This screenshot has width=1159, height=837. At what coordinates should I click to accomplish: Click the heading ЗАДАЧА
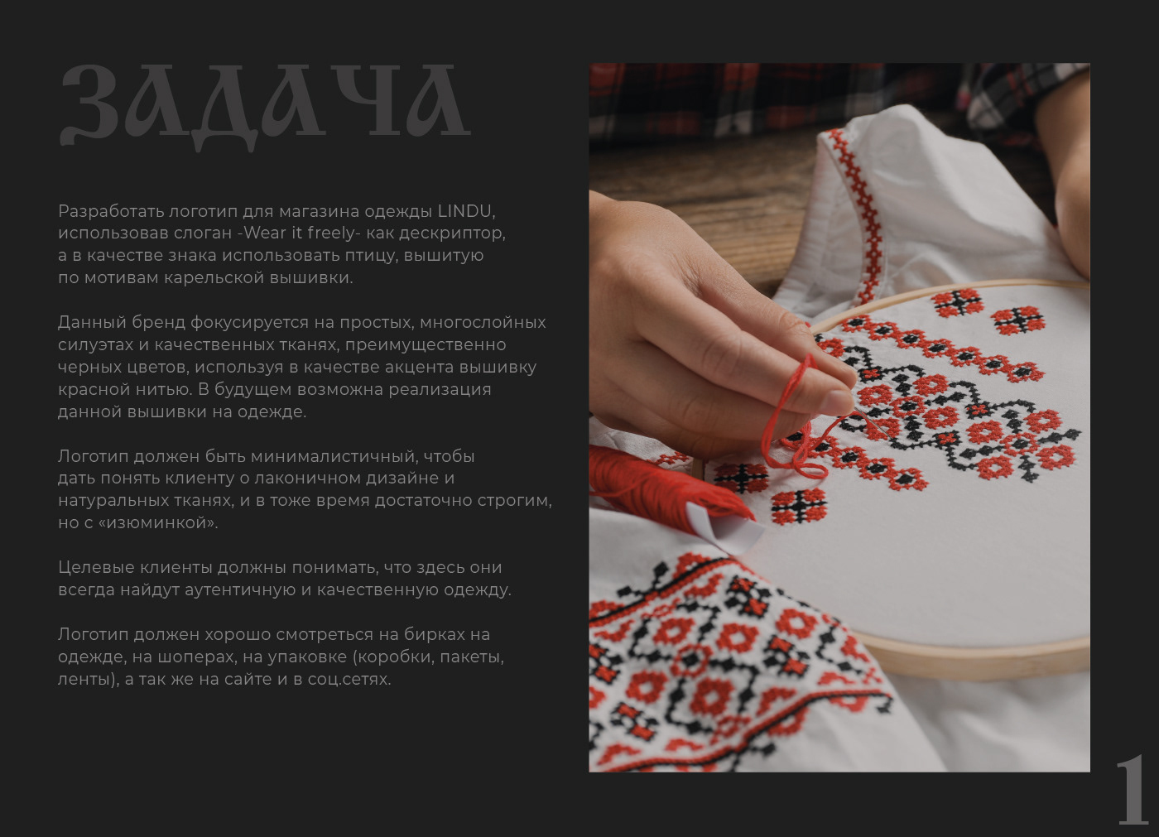266,107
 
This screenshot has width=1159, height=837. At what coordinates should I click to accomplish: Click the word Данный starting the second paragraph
92,322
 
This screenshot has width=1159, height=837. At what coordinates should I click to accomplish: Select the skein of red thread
667,483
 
